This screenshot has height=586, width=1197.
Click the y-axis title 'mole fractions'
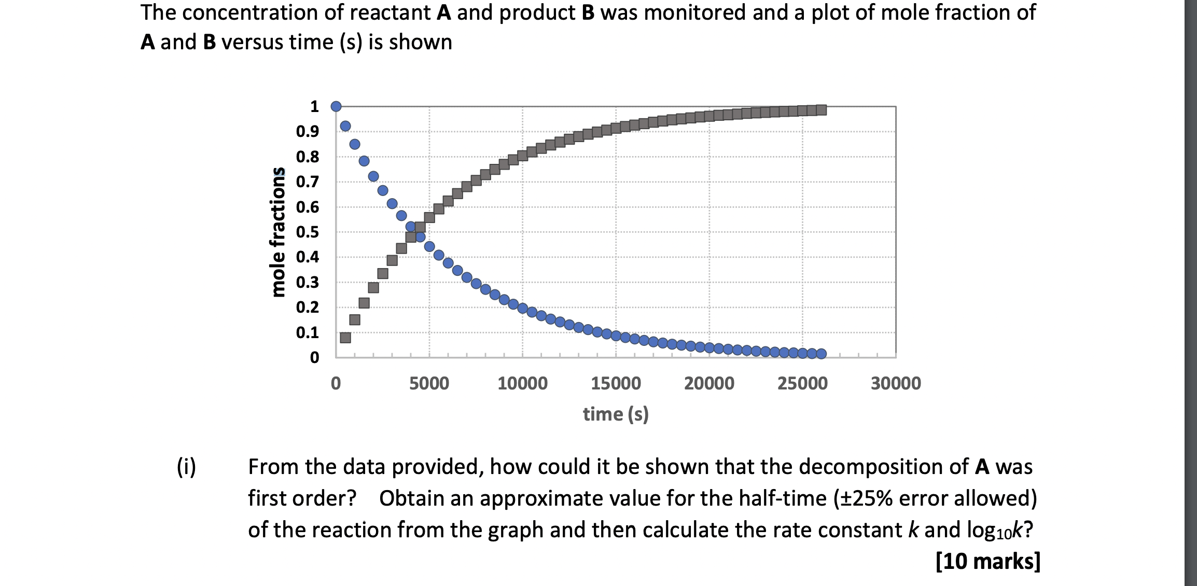(279, 232)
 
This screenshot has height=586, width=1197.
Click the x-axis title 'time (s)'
(616, 414)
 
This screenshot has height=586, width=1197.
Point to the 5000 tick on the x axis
(429, 384)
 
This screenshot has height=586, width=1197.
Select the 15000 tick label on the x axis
(616, 384)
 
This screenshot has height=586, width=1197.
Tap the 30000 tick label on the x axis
(896, 384)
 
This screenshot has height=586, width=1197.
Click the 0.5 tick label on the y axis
(307, 232)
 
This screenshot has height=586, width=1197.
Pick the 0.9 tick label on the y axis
(307, 132)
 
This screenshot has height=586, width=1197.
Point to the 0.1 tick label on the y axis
(307, 332)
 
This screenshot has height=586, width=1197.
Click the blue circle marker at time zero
(336, 106)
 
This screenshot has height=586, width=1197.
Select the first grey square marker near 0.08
(345, 338)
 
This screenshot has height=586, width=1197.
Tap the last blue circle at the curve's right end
(821, 354)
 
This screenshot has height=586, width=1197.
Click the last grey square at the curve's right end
(821, 109)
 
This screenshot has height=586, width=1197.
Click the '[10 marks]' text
(987, 561)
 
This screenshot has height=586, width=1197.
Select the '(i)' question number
(187, 467)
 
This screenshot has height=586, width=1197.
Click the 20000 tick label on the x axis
(709, 384)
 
